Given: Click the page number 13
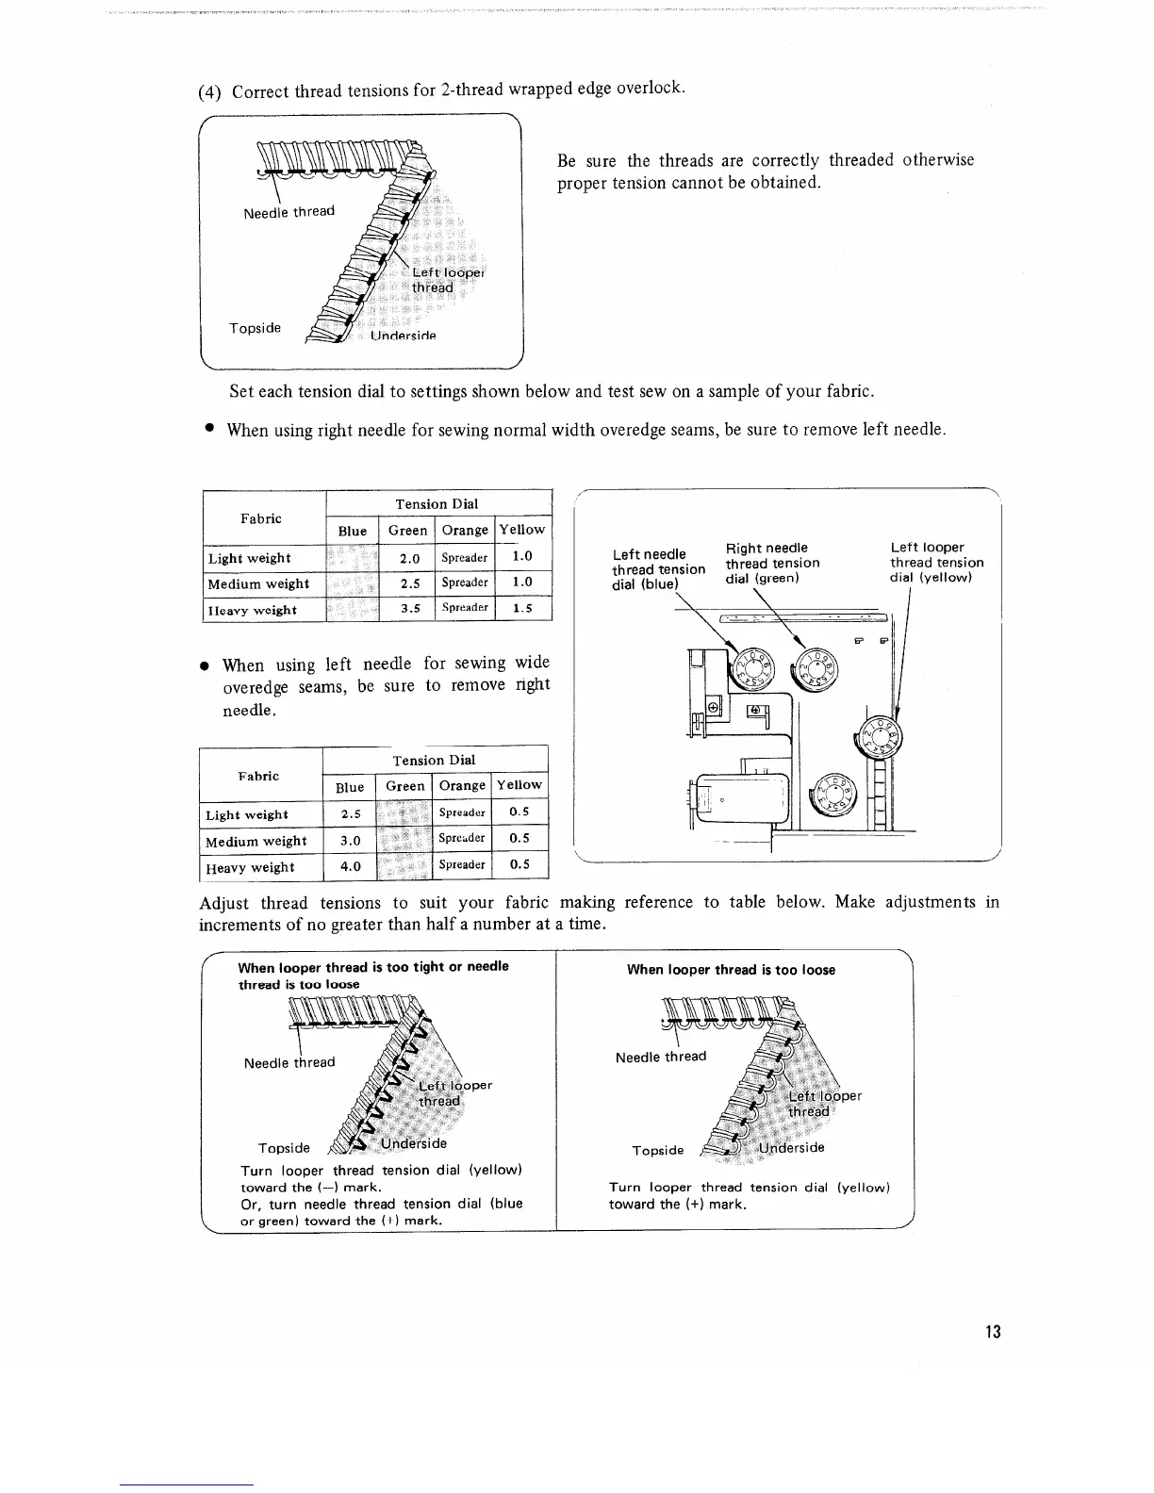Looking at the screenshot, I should point(992,1332).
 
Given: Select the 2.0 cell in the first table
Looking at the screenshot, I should point(409,558).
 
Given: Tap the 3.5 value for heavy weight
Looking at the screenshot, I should point(409,609).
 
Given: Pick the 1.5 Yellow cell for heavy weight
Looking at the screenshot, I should point(521,609).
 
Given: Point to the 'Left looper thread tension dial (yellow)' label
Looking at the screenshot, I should point(936,563).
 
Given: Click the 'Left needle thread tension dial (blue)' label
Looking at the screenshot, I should point(658,569).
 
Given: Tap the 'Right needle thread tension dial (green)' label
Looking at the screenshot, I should point(772,563).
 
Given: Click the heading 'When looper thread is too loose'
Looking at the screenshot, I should point(731,970).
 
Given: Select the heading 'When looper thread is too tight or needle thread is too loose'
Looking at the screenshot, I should point(373,976).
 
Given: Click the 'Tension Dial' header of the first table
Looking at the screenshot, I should point(437,504).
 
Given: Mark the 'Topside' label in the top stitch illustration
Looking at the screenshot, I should point(256,328).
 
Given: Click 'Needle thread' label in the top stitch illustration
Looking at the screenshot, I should point(288,212).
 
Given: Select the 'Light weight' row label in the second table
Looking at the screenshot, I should point(247,815).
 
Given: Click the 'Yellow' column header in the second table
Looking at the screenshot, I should point(519,785).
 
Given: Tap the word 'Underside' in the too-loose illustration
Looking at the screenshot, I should point(792,1148).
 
